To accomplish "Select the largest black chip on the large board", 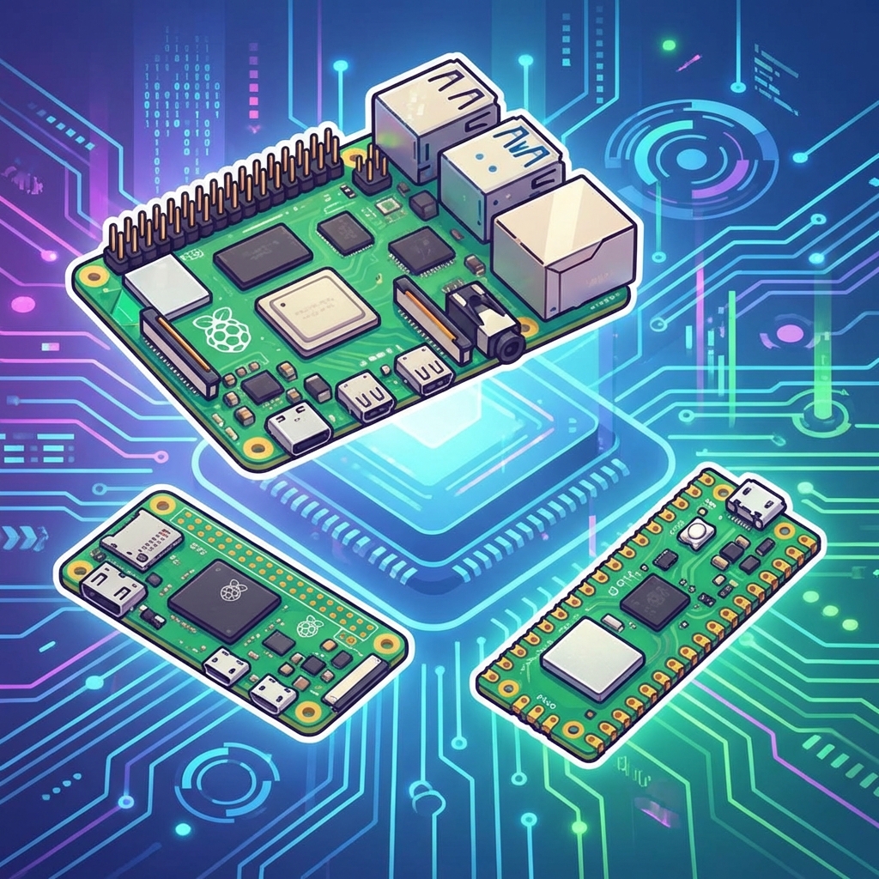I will [263, 255].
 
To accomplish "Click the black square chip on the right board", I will [654, 600].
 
